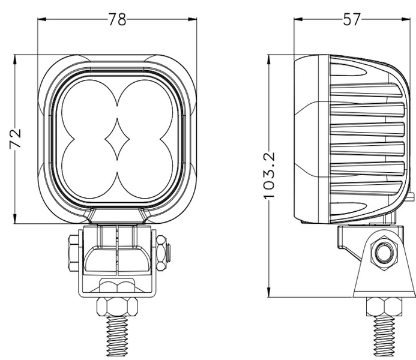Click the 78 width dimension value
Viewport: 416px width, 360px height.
pyautogui.click(x=118, y=19)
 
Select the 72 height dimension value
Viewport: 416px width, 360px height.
pyautogui.click(x=16, y=139)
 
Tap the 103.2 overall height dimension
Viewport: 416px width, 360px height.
pyautogui.click(x=270, y=175)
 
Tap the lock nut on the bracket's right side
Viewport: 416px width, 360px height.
pyautogui.click(x=162, y=251)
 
